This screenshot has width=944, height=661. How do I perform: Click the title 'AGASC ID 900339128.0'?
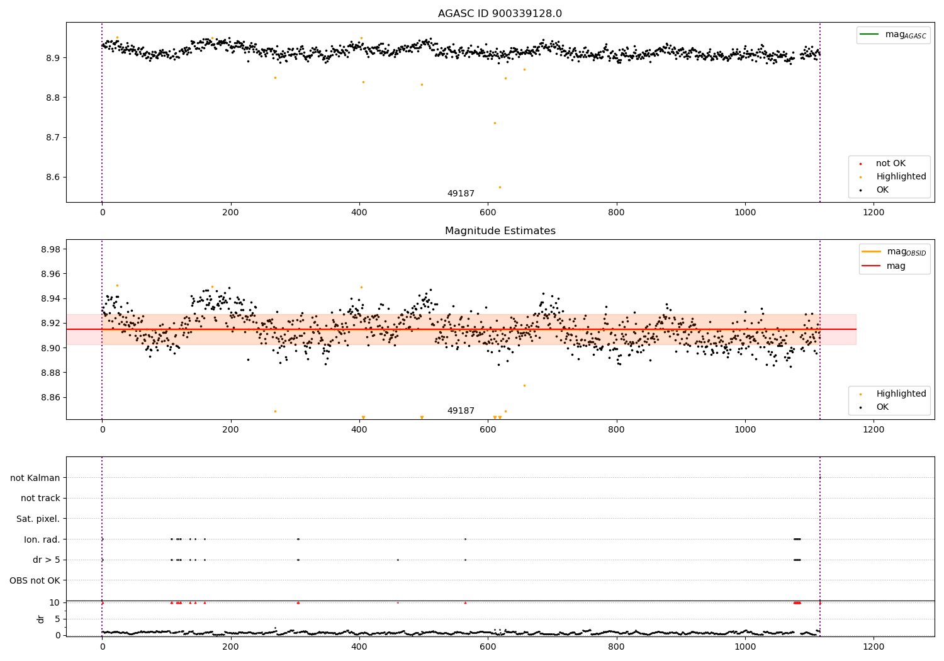pyautogui.click(x=500, y=14)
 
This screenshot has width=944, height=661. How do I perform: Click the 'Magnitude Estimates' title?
pyautogui.click(x=500, y=231)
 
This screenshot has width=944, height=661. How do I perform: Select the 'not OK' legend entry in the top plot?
pyautogui.click(x=890, y=164)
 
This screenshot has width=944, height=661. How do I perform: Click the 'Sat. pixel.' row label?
pyautogui.click(x=38, y=519)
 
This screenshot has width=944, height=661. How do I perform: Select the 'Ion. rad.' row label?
pyautogui.click(x=42, y=540)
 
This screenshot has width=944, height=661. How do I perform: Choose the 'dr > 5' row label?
pyautogui.click(x=46, y=560)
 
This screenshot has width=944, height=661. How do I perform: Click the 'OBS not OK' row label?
pyautogui.click(x=35, y=580)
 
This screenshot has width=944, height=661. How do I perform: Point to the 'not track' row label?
pyautogui.click(x=40, y=498)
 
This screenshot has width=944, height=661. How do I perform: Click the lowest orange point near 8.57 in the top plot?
pyautogui.click(x=500, y=187)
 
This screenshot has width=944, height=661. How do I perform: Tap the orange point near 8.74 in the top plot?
pyautogui.click(x=495, y=123)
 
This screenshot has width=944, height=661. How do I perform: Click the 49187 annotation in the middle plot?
pyautogui.click(x=461, y=410)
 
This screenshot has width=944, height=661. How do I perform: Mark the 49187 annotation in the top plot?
pyautogui.click(x=461, y=193)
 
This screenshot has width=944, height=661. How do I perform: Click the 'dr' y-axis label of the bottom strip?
pyautogui.click(x=41, y=619)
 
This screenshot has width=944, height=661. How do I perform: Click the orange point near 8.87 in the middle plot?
pyautogui.click(x=524, y=385)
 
